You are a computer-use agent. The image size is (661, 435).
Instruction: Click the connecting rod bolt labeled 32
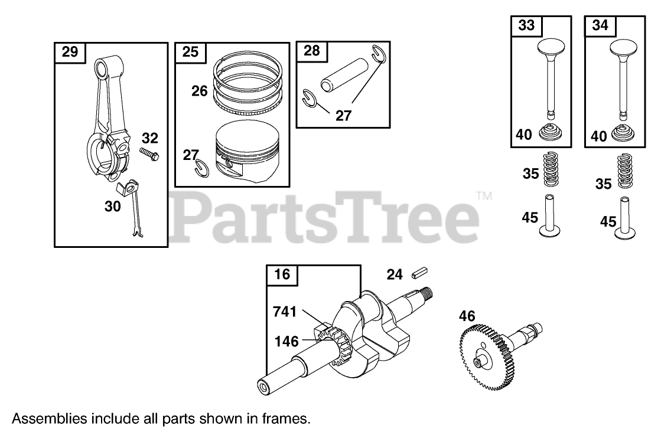pyautogui.click(x=149, y=153)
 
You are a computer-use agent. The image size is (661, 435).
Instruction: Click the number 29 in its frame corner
pyautogui.click(x=70, y=52)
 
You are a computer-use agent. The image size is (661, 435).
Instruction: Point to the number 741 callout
pyautogui.click(x=285, y=312)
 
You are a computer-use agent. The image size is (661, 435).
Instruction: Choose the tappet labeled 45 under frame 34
pyautogui.click(x=625, y=218)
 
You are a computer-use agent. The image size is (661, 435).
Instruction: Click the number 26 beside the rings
pyautogui.click(x=200, y=91)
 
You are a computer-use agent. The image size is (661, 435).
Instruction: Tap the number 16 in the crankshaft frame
pyautogui.click(x=282, y=274)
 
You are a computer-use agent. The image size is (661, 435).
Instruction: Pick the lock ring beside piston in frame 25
pyautogui.click(x=202, y=168)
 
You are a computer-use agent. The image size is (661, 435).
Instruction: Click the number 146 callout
pyautogui.click(x=286, y=342)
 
